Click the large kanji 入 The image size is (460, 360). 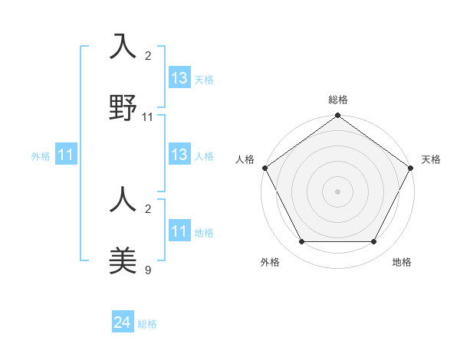point(123,47)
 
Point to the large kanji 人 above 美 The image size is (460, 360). point(123,201)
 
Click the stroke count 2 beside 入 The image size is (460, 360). point(148,56)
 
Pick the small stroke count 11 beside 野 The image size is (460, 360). point(148,117)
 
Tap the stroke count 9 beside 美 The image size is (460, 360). point(148,270)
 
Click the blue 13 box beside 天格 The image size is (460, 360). point(179,78)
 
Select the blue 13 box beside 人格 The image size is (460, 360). point(179,155)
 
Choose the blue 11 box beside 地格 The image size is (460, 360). point(179,231)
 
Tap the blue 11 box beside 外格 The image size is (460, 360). point(66,155)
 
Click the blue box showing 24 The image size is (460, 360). point(123,323)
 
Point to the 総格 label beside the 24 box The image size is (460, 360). point(147,324)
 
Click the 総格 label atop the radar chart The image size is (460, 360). point(338,100)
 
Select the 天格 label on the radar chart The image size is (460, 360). point(431,159)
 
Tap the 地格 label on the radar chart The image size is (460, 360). point(402,262)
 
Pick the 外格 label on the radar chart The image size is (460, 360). point(270,262)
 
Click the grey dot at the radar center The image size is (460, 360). point(337,191)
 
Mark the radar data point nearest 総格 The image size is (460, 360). point(337,116)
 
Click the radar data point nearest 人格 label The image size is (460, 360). point(265,168)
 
